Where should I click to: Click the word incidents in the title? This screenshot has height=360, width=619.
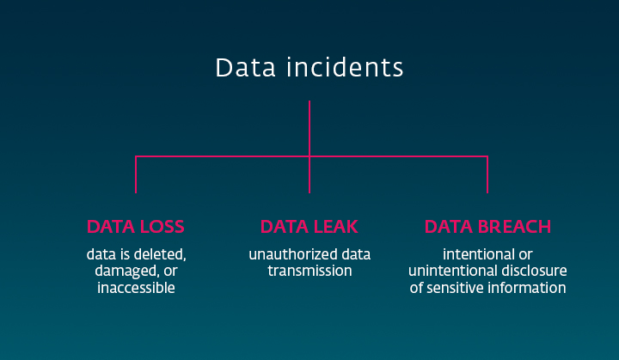click(345, 68)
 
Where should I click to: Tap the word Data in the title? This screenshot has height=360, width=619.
click(245, 68)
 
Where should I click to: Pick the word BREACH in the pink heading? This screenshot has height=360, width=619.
click(514, 227)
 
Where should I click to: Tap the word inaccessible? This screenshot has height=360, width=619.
click(136, 288)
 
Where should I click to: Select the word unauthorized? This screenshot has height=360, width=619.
click(293, 254)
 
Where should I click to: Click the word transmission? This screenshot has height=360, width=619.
click(309, 271)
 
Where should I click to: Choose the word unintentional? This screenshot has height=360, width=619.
click(450, 271)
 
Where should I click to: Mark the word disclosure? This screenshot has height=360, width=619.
click(530, 271)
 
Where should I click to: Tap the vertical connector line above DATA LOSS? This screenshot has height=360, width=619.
click(136, 175)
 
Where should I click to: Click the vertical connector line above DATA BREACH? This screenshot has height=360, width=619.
click(487, 175)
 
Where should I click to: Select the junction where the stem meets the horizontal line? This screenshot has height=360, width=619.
click(309, 156)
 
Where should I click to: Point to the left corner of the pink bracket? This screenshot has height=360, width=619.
click(136, 156)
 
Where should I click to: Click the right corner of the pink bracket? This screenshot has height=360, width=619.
click(487, 156)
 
